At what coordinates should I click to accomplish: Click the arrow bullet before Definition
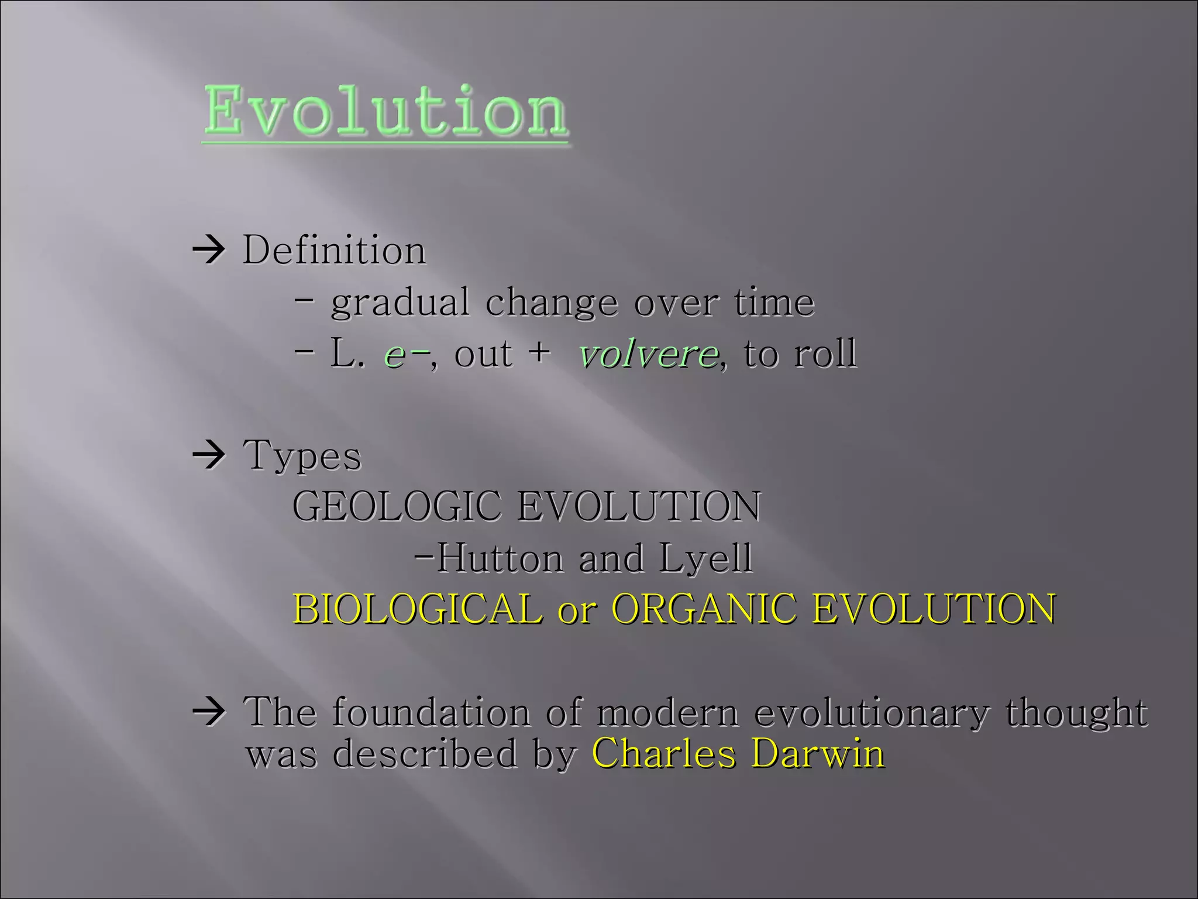(209, 251)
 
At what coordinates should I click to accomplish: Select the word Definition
(334, 251)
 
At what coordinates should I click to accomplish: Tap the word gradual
(400, 303)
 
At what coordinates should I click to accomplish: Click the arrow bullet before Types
(209, 455)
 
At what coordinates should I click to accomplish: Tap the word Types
(302, 455)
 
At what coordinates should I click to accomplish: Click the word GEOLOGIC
(397, 506)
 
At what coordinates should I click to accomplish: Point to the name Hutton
(500, 558)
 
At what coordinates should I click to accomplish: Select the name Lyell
(705, 559)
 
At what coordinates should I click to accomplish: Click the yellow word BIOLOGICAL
(418, 609)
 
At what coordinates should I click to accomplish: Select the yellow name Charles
(664, 753)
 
